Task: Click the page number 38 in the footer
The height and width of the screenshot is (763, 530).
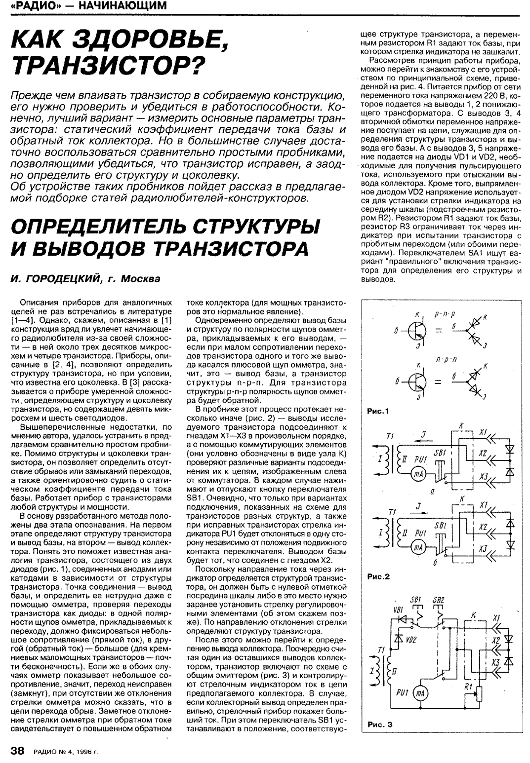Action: click(x=17, y=751)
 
